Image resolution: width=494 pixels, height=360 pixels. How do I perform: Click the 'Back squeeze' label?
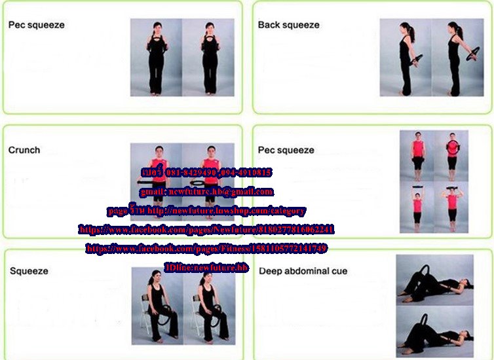(x=288, y=25)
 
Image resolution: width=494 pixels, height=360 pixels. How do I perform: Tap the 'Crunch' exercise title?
(x=24, y=150)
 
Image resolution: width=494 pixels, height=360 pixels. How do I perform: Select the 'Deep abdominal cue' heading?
(x=303, y=271)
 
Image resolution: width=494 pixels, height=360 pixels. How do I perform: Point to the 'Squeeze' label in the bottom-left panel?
(x=29, y=271)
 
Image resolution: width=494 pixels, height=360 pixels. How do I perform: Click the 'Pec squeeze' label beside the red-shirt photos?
(x=286, y=150)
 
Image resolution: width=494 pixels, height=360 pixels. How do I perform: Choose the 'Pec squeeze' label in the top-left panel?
(x=36, y=25)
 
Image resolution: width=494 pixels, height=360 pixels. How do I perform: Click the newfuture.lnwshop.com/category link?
(x=227, y=211)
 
